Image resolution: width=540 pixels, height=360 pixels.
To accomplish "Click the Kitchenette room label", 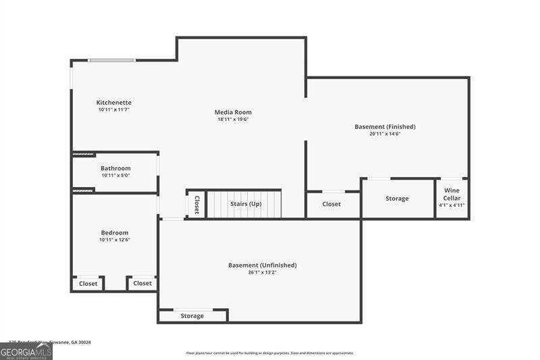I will coord(113,103).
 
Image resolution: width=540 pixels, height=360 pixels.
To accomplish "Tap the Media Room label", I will coord(233,112).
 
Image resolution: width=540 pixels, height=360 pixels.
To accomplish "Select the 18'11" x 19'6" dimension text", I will coord(233,120).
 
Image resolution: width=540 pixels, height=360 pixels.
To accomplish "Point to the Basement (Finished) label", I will coord(385,126).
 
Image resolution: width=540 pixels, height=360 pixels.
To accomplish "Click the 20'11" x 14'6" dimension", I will coord(385,134).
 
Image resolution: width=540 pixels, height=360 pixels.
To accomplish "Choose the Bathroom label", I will coord(115,168).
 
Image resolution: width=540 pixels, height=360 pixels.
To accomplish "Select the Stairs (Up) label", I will coord(246,204).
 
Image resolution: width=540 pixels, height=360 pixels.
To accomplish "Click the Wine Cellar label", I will coord(452,194).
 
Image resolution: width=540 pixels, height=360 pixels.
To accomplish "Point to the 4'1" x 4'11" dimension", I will coord(452,205).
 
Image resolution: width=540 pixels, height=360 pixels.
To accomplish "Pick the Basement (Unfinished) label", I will coord(262,265).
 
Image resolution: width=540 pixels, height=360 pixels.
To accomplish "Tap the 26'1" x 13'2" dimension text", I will coord(262,273).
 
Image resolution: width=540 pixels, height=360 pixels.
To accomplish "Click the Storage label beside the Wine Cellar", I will coord(397,199).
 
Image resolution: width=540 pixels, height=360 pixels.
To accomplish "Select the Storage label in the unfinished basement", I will coord(192,316).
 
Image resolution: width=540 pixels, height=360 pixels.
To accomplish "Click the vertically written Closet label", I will coord(196,205).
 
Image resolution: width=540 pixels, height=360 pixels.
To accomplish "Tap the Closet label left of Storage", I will coord(331,204).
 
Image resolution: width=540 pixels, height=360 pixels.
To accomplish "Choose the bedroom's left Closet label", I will coord(88,284).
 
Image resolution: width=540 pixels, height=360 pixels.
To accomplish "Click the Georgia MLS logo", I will coord(26,351).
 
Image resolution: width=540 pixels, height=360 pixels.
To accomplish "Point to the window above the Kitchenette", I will coord(112,61).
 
